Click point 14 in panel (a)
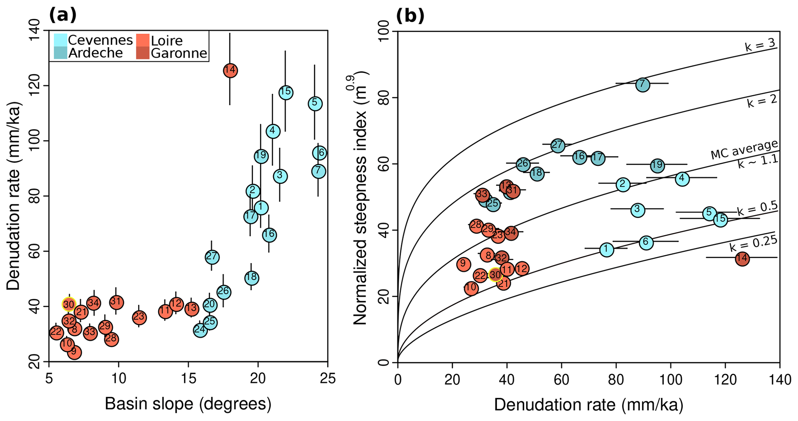click(230, 71)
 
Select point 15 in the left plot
click(286, 92)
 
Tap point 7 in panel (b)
click(642, 84)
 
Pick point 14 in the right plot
click(742, 259)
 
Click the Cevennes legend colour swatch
click(60, 40)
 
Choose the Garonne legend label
click(179, 53)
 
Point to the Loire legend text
click(166, 41)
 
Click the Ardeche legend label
click(95, 53)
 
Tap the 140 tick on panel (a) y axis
click(40, 30)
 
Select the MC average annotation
click(744, 149)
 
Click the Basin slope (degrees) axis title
click(188, 404)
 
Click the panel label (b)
click(410, 15)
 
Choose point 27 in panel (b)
click(557, 145)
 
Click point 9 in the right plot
click(463, 264)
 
